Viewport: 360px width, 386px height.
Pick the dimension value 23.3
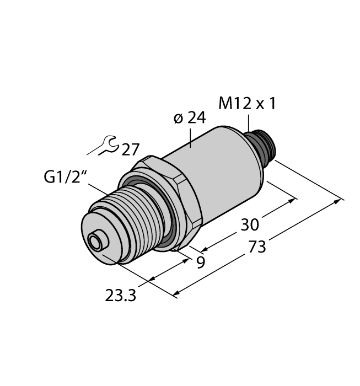click(121, 296)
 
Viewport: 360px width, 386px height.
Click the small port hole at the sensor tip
click(96, 241)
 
